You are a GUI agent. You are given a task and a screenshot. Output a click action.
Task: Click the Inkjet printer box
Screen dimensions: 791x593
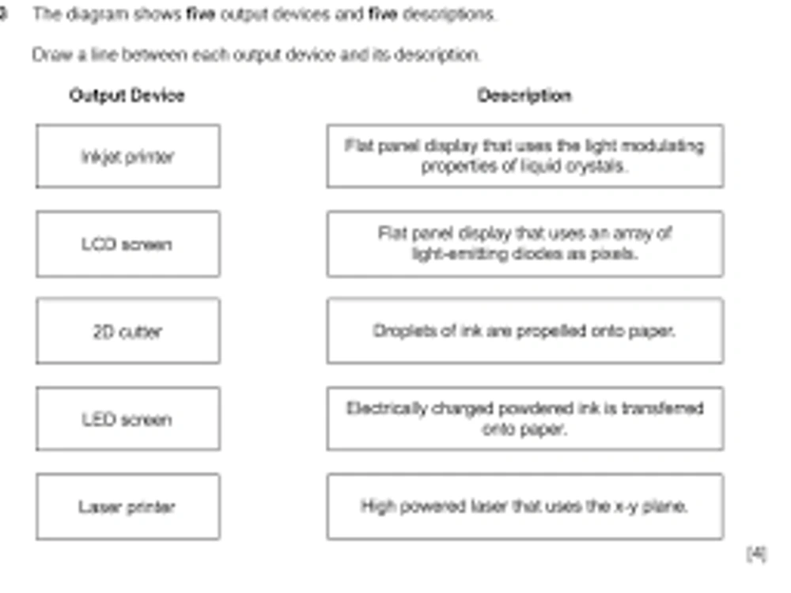click(x=128, y=157)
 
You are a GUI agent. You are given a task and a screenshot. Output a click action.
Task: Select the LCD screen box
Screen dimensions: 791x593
click(x=128, y=244)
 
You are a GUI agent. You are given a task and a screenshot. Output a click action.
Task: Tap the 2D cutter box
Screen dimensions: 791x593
click(x=128, y=330)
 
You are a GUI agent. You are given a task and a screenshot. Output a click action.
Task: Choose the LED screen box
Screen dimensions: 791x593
click(x=128, y=418)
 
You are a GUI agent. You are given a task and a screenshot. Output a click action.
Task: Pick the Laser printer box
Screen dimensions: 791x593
click(x=128, y=506)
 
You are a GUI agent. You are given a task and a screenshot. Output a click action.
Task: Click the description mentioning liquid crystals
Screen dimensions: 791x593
click(x=525, y=157)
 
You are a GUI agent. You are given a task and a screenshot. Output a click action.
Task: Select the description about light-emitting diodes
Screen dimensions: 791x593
click(x=525, y=244)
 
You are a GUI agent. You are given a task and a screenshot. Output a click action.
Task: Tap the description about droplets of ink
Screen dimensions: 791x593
click(x=525, y=330)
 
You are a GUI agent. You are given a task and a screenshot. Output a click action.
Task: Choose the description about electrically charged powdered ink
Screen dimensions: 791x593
click(x=525, y=418)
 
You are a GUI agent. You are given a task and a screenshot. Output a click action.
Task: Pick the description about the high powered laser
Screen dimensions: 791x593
click(x=525, y=506)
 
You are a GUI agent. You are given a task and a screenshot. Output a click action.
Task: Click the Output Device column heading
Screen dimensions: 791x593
click(x=127, y=96)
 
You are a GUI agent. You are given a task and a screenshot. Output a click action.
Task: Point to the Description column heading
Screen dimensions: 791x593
click(x=524, y=96)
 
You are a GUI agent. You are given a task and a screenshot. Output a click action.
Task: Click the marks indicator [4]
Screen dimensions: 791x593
click(x=757, y=553)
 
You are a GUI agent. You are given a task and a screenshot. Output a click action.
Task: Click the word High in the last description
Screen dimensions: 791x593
click(x=378, y=506)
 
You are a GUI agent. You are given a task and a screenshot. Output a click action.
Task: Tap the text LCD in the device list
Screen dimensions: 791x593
click(x=99, y=244)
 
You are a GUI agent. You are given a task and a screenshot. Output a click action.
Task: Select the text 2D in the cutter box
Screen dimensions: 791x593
click(x=103, y=331)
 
